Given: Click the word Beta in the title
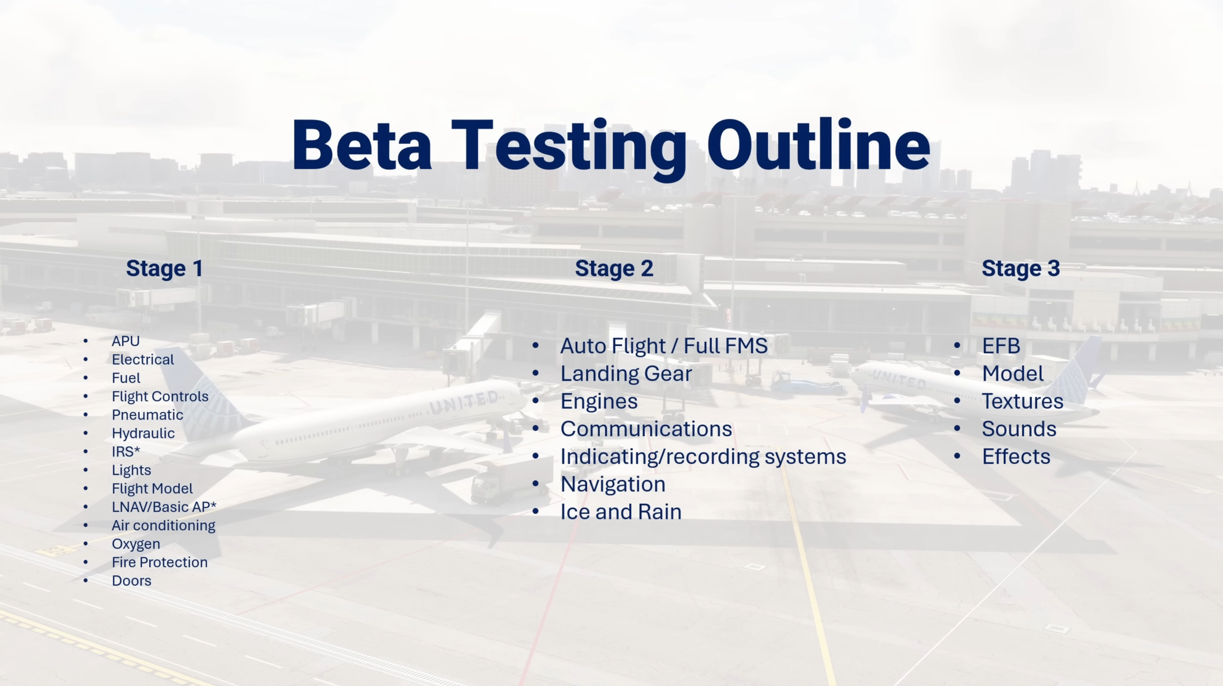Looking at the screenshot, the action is [x=361, y=145].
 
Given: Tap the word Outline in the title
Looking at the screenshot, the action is [x=819, y=145].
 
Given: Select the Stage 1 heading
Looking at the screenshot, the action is [x=164, y=268].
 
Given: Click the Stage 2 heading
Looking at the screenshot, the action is [x=614, y=268].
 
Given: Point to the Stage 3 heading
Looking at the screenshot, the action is [x=1021, y=268].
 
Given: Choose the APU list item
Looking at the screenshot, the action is [x=125, y=341].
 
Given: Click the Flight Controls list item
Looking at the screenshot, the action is [x=160, y=396].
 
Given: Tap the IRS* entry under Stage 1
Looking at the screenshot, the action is [x=126, y=452].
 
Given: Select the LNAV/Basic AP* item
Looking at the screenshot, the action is [x=164, y=507].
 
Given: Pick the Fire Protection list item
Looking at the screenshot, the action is [x=160, y=562].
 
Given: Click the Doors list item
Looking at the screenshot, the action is [x=131, y=581].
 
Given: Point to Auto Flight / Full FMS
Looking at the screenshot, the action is [x=664, y=346].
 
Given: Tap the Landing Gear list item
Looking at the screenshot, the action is [x=626, y=373].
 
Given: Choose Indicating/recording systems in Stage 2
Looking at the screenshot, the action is [x=703, y=457].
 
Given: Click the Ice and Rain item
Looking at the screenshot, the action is [x=621, y=512].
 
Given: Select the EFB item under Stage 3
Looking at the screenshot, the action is [x=1001, y=346].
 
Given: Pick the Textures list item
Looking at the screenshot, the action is [x=1023, y=401].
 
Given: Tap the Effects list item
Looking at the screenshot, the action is [x=1016, y=457].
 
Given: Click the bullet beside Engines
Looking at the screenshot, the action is [x=535, y=401].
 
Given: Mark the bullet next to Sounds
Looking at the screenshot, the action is [x=957, y=428].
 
